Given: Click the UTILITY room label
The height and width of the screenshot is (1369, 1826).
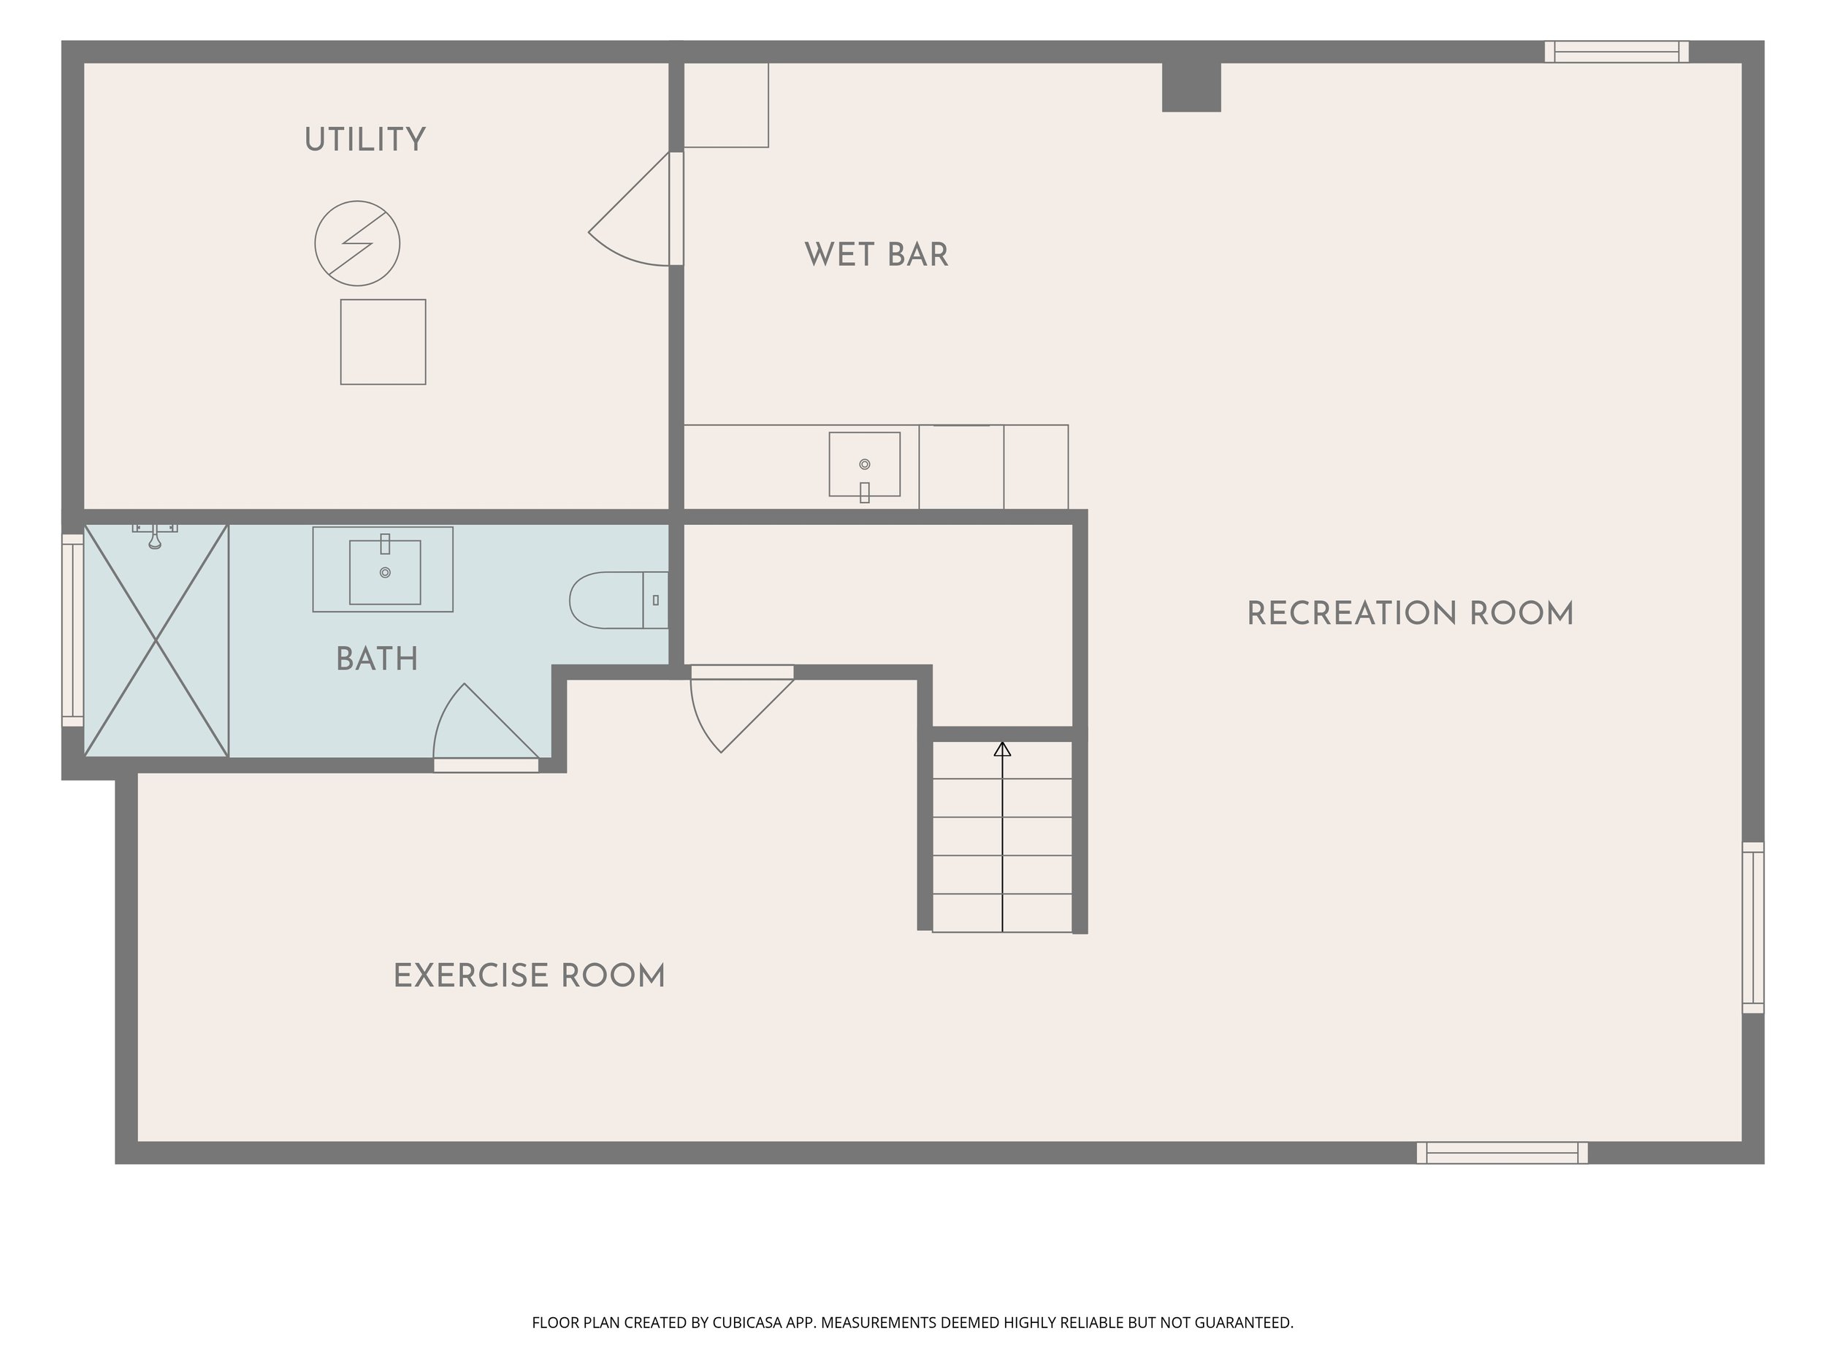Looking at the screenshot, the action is (365, 140).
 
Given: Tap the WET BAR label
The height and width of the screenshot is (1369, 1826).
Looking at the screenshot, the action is (876, 255).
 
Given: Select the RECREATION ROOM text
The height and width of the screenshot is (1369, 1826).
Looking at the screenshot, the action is (1410, 614).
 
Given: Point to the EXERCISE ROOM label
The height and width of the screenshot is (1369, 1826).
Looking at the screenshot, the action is (529, 976).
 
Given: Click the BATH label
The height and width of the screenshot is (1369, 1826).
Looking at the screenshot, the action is (378, 659).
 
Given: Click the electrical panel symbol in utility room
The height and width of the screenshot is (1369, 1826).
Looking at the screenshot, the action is (357, 243).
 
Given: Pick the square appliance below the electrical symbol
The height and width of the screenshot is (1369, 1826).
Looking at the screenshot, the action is (383, 342).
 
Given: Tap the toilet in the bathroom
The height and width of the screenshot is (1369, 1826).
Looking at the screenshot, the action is (619, 600).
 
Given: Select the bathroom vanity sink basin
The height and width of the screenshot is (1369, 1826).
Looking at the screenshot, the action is (385, 571).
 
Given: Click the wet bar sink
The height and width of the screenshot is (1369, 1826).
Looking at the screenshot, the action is (864, 464).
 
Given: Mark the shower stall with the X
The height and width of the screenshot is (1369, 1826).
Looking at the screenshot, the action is (156, 640).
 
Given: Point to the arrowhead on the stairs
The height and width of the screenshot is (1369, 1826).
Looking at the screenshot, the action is (1002, 749).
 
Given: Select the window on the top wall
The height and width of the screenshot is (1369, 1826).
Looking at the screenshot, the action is (1616, 51).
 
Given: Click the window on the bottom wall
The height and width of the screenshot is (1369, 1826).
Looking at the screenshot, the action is (1502, 1153).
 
